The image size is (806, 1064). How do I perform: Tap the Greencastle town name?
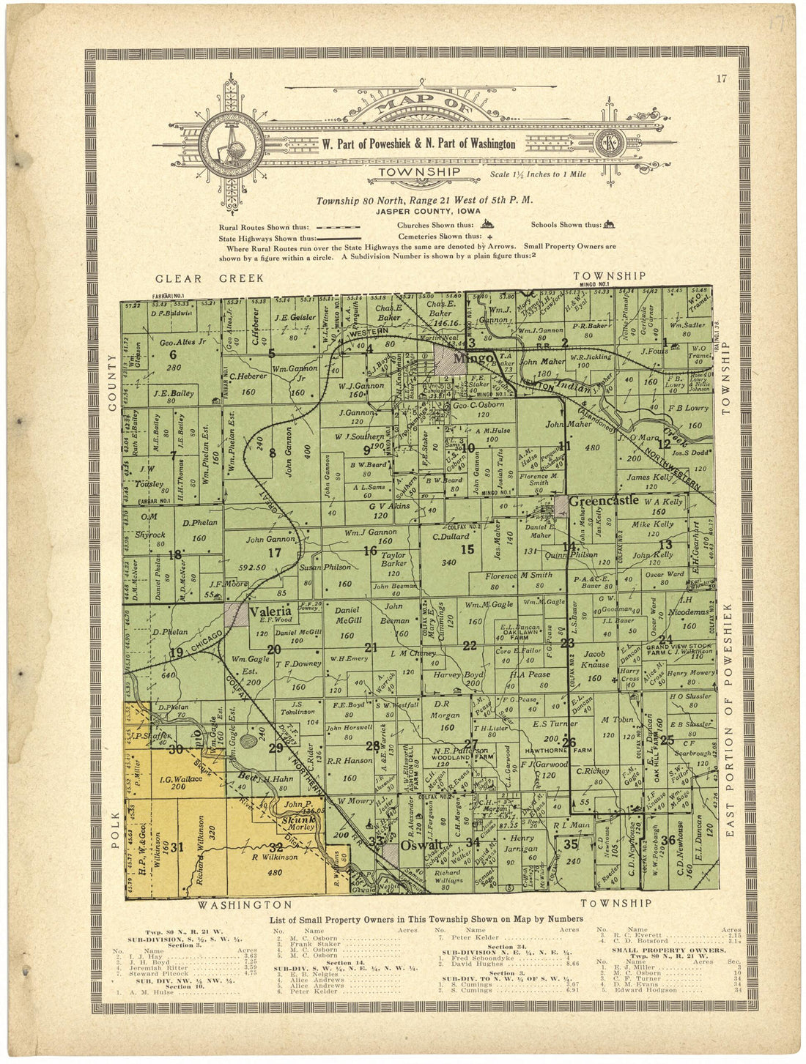pos(604,502)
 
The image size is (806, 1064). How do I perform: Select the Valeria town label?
pos(272,611)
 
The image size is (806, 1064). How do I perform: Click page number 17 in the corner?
pos(722,80)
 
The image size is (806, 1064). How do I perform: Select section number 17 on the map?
pos(274,553)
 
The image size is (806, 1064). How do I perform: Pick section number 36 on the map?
pos(667,839)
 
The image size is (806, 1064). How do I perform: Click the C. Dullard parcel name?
pos(455,535)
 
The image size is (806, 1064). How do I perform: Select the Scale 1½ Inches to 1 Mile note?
pos(541,174)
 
